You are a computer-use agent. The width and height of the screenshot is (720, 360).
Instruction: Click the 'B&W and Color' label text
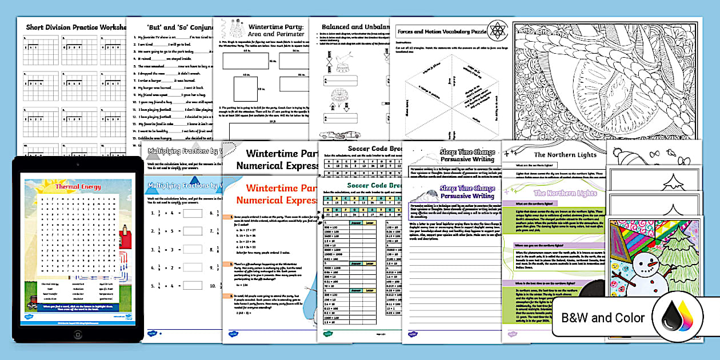[x=603, y=318]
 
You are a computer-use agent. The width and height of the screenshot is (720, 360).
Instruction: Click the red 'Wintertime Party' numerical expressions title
[x=274, y=194]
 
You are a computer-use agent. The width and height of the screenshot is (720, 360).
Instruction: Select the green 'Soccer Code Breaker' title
[x=359, y=186]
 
